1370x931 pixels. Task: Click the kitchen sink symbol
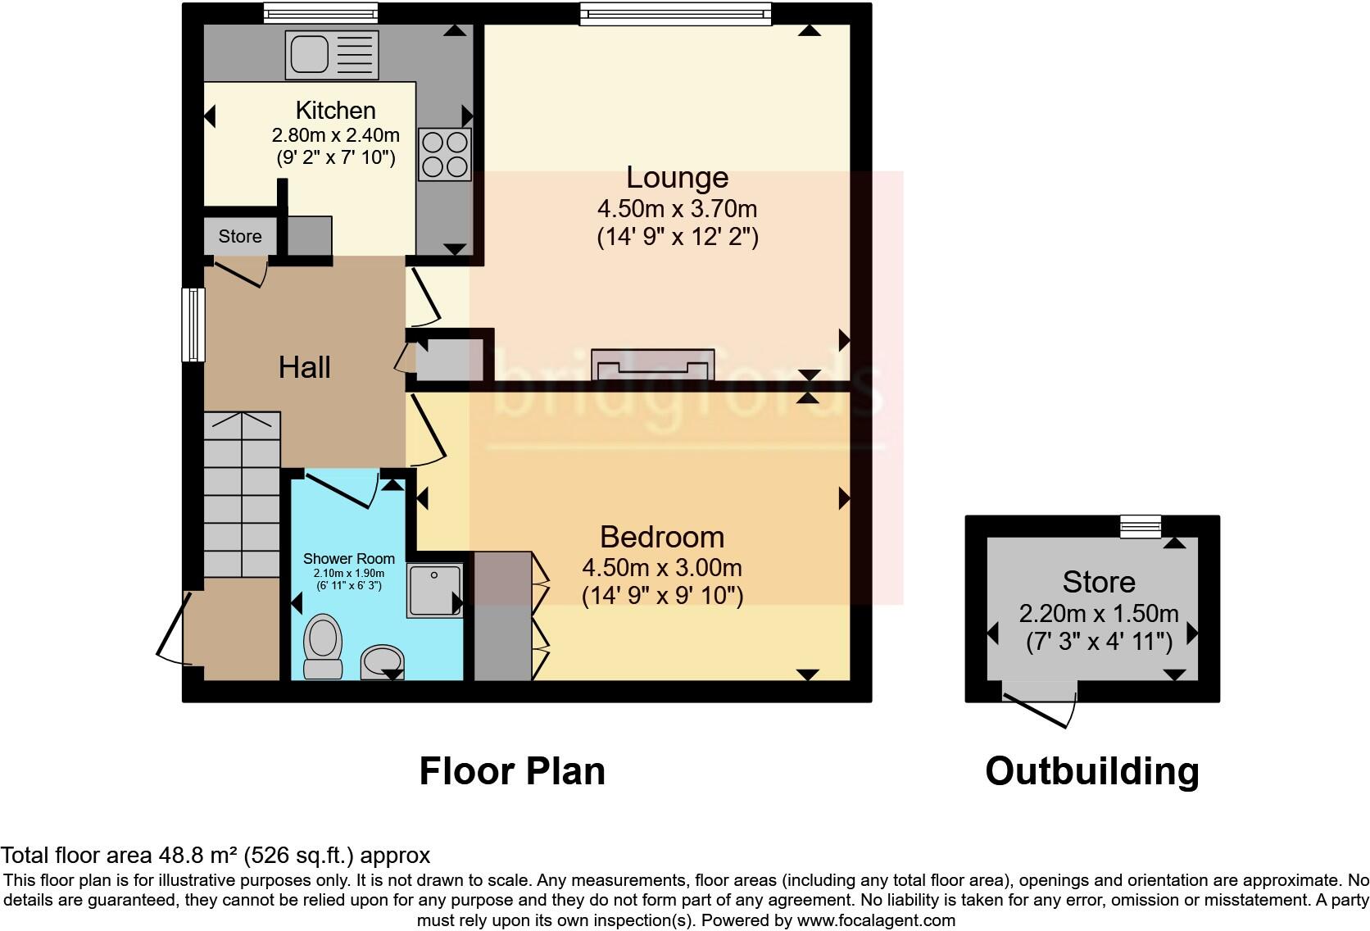pyautogui.click(x=332, y=55)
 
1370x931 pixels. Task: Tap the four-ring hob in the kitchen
pyautogui.click(x=445, y=154)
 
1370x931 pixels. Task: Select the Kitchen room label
pyautogui.click(x=335, y=111)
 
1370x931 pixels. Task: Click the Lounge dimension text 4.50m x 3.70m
pyautogui.click(x=677, y=208)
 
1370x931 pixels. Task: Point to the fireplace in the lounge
pyautogui.click(x=654, y=366)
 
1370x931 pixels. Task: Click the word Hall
pyautogui.click(x=304, y=367)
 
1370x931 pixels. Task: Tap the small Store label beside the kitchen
pyautogui.click(x=240, y=237)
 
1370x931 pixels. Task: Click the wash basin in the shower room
pyautogui.click(x=383, y=661)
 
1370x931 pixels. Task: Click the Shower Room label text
pyautogui.click(x=349, y=559)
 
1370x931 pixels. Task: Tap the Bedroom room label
pyautogui.click(x=662, y=537)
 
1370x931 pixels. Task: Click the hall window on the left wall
pyautogui.click(x=193, y=325)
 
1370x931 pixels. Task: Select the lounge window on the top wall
pyautogui.click(x=676, y=13)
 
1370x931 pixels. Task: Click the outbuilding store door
pyautogui.click(x=1039, y=707)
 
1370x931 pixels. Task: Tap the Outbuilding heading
pyautogui.click(x=1091, y=771)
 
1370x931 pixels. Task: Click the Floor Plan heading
pyautogui.click(x=512, y=771)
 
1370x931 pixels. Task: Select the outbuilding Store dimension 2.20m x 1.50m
pyautogui.click(x=1098, y=613)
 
